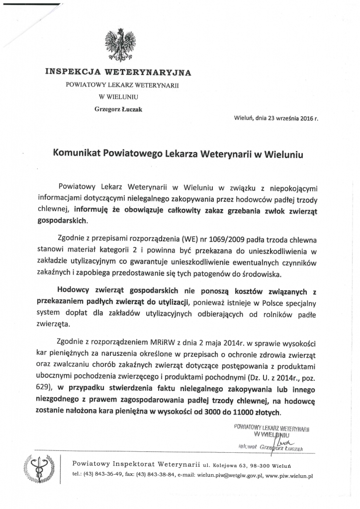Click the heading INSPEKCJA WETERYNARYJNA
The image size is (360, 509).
pyautogui.click(x=118, y=72)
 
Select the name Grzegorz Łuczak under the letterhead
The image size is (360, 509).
pyautogui.click(x=118, y=109)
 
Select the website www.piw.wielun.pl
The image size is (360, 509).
pyautogui.click(x=289, y=475)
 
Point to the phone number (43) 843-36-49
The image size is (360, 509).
pyautogui.click(x=101, y=475)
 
